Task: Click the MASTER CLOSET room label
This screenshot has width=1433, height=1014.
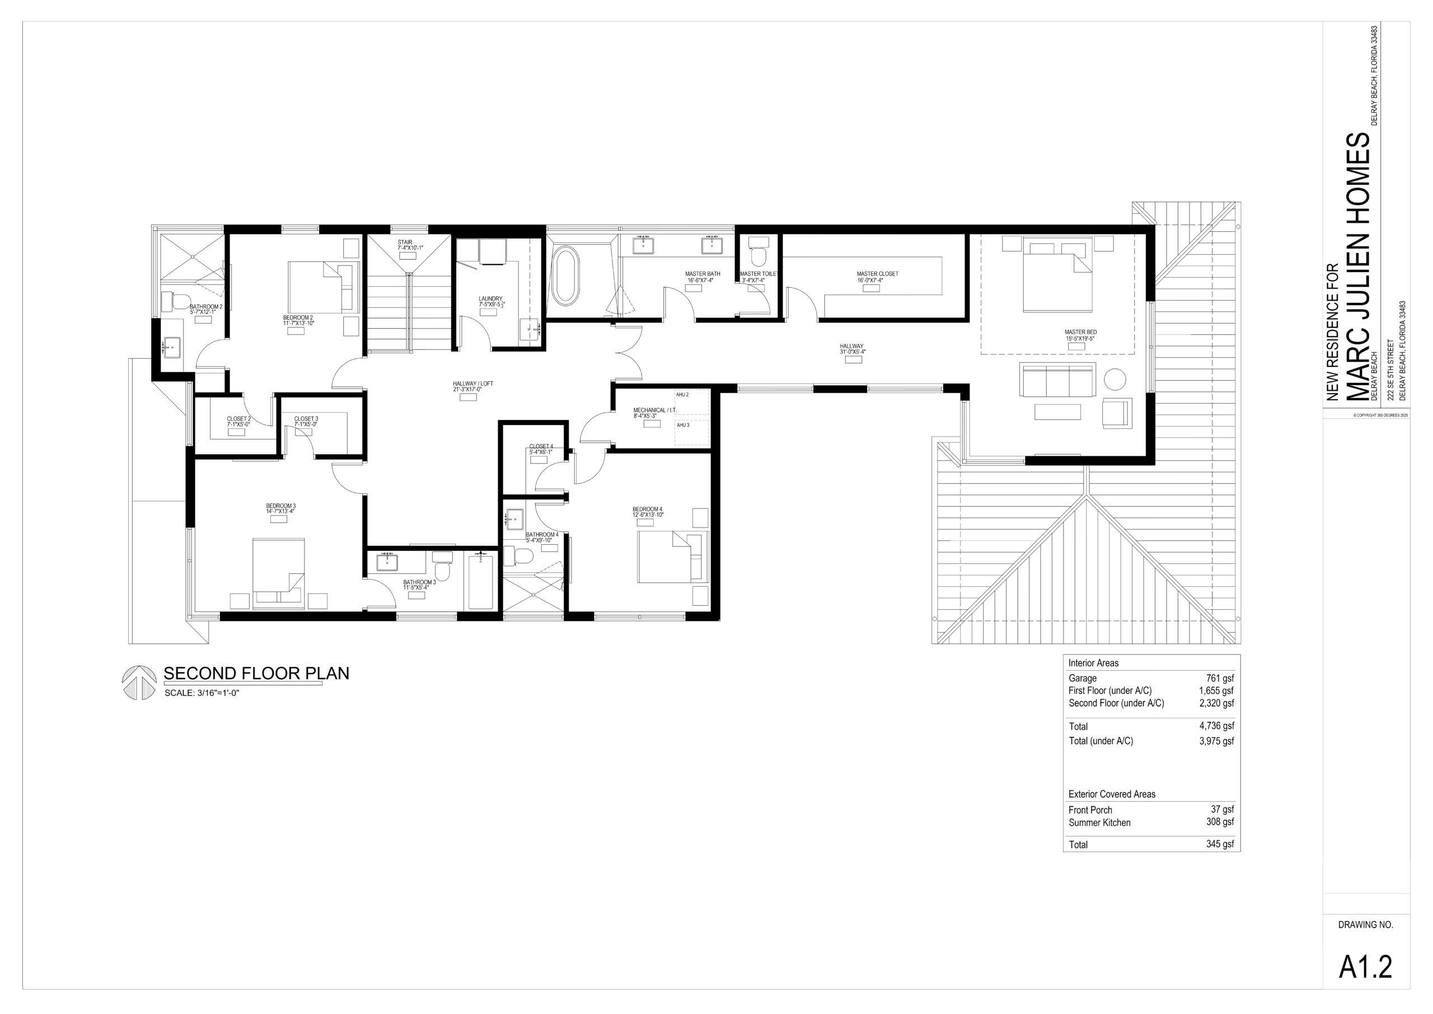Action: (878, 273)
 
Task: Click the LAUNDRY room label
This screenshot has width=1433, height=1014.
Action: (490, 298)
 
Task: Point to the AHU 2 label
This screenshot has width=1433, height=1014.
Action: (683, 395)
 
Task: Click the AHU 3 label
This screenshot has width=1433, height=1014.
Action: (683, 425)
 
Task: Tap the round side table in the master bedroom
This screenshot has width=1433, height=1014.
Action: (1114, 380)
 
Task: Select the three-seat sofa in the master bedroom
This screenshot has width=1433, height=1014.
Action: (1058, 380)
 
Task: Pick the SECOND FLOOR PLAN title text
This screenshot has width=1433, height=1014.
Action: (256, 673)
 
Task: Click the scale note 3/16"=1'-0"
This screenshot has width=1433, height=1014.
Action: (218, 693)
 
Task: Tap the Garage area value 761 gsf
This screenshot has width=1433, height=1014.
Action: (1220, 679)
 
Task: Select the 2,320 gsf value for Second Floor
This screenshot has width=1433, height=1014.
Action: (1216, 703)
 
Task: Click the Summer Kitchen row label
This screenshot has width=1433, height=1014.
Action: (1100, 823)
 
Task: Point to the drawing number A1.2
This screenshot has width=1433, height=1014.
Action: (1366, 967)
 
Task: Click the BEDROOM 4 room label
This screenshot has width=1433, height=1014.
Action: (647, 510)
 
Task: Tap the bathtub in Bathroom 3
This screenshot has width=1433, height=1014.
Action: (481, 581)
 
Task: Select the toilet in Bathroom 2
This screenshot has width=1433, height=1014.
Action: (175, 302)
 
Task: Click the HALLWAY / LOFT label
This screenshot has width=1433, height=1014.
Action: (473, 384)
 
